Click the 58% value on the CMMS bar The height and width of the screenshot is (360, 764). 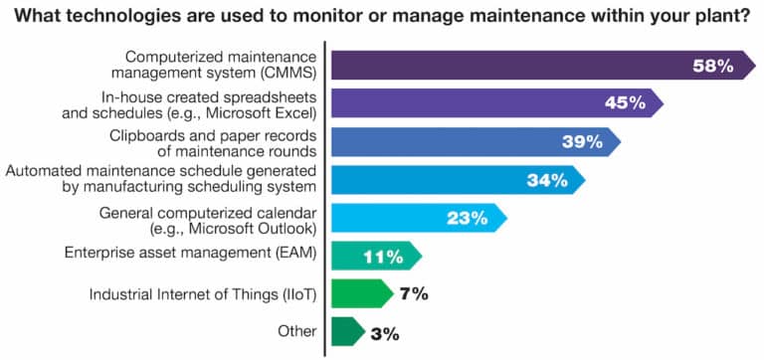click(712, 67)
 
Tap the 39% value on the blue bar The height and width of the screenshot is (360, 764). click(582, 142)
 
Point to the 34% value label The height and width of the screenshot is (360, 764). click(546, 180)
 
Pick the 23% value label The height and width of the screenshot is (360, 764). click(469, 218)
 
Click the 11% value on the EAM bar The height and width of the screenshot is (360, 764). click(383, 256)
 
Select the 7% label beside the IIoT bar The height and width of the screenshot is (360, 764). click(414, 293)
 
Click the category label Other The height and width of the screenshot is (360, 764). click(295, 331)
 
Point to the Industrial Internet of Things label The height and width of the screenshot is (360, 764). click(203, 293)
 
